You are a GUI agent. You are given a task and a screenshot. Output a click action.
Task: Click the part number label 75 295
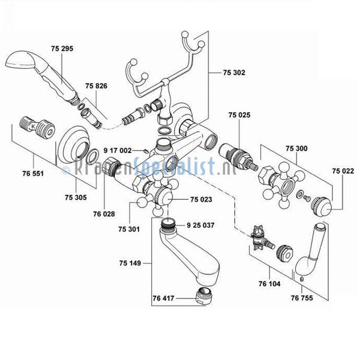(x=62, y=49)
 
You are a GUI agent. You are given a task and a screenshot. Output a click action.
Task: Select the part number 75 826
(x=96, y=86)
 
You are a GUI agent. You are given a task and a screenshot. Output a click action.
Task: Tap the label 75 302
(x=234, y=73)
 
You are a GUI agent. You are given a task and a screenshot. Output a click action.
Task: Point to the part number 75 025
(x=239, y=115)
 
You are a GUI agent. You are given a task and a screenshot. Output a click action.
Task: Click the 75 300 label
(x=296, y=149)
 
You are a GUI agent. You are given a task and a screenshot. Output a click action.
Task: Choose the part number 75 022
(x=343, y=171)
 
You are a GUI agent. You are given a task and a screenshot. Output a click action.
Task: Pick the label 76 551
(x=33, y=173)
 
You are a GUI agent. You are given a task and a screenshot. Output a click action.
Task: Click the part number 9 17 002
(x=118, y=151)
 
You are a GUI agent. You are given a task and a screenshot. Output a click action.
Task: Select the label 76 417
(x=163, y=298)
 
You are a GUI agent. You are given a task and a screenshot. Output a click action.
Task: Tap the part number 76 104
(x=269, y=284)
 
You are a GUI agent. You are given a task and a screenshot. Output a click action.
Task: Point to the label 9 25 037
(x=200, y=225)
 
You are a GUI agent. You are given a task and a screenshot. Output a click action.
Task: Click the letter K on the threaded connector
(x=33, y=126)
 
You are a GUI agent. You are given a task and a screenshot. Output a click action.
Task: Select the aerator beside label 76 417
(x=205, y=296)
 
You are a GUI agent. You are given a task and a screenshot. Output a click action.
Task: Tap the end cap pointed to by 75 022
(x=321, y=206)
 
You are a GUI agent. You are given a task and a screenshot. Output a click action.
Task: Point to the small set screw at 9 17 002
(x=145, y=151)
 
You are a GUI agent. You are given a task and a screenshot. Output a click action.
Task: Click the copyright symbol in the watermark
(x=65, y=170)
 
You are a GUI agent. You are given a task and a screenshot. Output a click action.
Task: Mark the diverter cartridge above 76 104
(x=262, y=239)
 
